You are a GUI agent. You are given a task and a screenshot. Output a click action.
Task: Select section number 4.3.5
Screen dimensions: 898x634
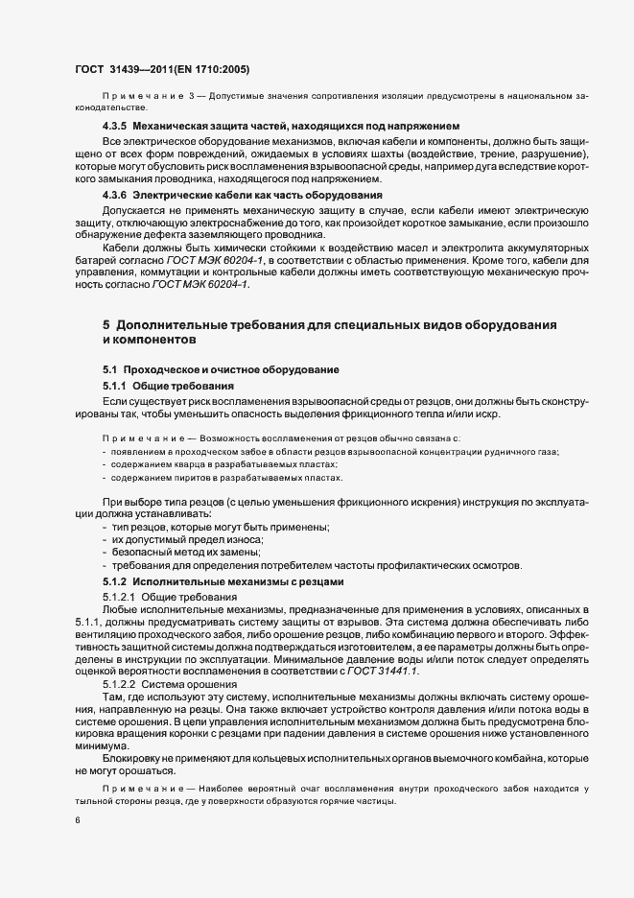coord(116,127)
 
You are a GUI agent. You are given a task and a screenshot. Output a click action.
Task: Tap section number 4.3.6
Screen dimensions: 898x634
coord(116,195)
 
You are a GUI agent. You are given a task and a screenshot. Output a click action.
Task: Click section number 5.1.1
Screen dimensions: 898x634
coord(116,384)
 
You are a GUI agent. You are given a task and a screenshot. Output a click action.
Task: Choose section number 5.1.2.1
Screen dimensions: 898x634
coord(119,597)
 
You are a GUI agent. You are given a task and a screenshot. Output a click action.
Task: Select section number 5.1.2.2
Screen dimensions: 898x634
coord(119,684)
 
